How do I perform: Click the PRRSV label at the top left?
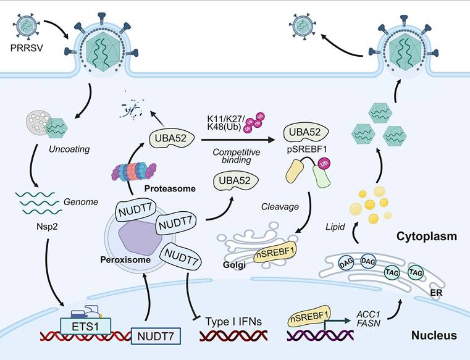(x=24, y=47)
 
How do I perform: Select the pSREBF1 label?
(x=307, y=148)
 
